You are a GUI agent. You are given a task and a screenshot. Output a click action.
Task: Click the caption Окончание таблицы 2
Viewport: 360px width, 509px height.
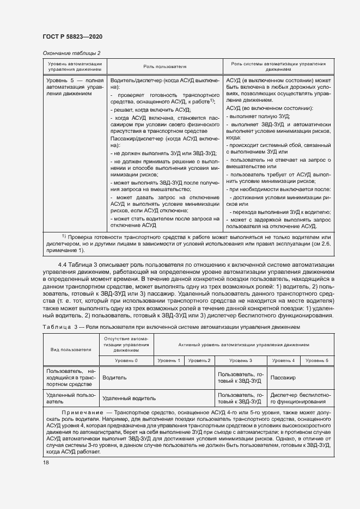click(71, 53)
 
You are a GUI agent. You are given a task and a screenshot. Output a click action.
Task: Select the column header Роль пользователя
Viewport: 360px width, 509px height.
click(165, 66)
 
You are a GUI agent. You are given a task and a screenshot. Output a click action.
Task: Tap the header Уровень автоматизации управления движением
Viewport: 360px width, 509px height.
click(75, 66)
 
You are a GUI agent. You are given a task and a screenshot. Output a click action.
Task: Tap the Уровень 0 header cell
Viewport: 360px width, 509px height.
click(126, 360)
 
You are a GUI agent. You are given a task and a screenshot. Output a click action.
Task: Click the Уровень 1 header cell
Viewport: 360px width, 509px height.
click(169, 360)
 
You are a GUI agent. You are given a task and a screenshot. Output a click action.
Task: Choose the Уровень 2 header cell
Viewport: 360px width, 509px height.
click(199, 360)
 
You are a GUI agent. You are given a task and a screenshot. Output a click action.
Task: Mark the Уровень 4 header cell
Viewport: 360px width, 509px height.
click(283, 360)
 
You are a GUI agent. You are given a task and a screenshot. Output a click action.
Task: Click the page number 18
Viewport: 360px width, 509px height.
click(46, 462)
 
